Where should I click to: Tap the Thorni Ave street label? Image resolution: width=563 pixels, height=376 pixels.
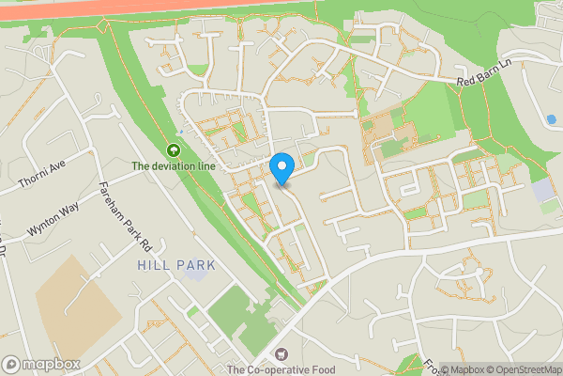[41, 172]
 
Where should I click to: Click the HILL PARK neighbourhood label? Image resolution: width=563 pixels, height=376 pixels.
[176, 266]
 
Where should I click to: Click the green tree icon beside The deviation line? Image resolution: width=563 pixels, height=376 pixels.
[173, 149]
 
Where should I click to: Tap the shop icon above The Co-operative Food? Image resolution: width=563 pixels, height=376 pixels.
[280, 354]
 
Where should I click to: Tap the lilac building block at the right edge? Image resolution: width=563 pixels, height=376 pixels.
[543, 190]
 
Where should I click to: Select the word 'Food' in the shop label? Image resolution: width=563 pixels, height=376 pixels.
[320, 370]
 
